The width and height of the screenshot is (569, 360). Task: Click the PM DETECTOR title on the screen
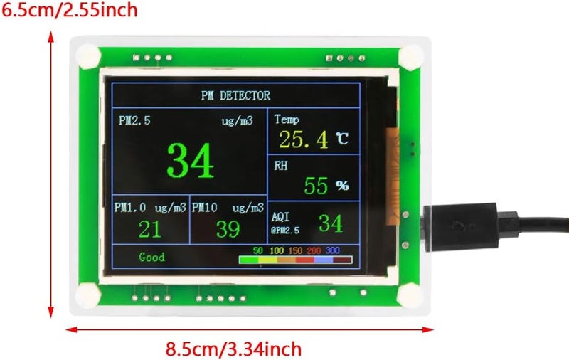point(235,96)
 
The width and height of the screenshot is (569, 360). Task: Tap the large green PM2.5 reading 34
point(191,160)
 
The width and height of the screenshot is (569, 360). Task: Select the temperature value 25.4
point(304,139)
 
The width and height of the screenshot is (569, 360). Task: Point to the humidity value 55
point(316,186)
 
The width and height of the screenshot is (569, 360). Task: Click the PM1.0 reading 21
point(150,229)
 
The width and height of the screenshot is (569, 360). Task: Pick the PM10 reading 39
point(228,229)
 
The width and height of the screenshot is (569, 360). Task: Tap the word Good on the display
point(151,257)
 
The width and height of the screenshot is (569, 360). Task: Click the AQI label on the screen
point(280,217)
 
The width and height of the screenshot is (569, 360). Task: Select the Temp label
point(287,120)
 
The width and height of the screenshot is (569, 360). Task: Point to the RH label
point(281,166)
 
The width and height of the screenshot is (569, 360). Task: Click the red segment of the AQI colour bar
point(305,260)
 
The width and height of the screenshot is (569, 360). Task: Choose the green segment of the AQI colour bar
point(249,260)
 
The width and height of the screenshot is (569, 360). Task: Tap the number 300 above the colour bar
point(332,250)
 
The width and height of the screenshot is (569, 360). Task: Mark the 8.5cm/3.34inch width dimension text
point(233,349)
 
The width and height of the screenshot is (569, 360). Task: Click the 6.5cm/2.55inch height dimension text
point(69,10)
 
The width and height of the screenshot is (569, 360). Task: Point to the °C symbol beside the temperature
point(342,138)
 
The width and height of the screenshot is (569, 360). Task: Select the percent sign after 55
point(342,186)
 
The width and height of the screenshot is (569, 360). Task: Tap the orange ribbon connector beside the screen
point(392,175)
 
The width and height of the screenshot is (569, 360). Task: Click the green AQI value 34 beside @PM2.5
point(331,223)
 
